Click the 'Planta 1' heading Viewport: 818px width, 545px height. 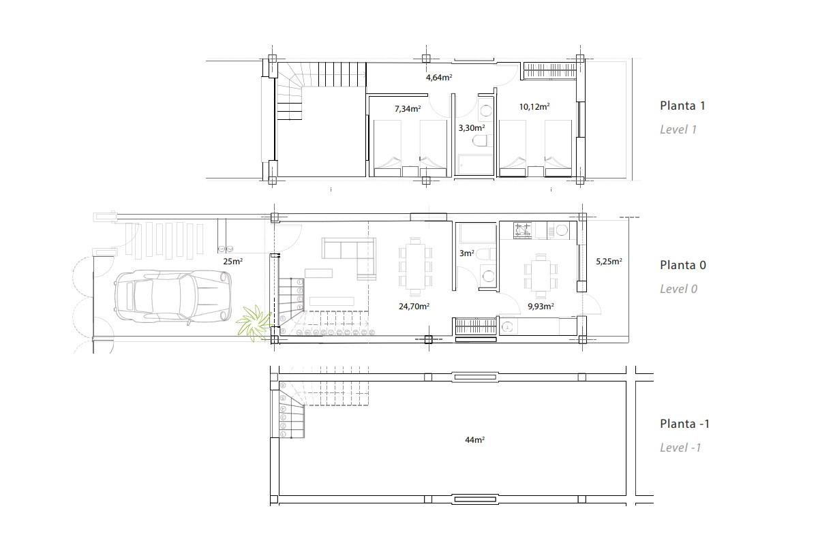[x=682, y=106]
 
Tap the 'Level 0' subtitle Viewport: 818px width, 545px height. [x=678, y=289]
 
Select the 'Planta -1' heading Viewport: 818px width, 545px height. [x=684, y=424]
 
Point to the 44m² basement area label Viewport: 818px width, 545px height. [x=474, y=440]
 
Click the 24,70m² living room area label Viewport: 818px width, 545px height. [x=414, y=307]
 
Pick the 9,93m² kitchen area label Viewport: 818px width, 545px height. [x=541, y=307]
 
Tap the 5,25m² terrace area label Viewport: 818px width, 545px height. [x=609, y=262]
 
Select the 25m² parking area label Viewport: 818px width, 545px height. [x=232, y=262]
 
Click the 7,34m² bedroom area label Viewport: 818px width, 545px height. [x=408, y=109]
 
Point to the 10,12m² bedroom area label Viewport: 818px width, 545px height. [x=534, y=106]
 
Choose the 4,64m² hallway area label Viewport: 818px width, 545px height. [x=439, y=78]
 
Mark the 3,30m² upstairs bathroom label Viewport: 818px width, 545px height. [x=472, y=128]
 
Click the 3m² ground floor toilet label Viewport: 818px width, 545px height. [x=467, y=253]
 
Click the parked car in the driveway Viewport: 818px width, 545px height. [x=172, y=297]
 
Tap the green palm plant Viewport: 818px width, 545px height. [x=254, y=324]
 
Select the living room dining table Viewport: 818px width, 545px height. [x=416, y=266]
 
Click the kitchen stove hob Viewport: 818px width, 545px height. [x=523, y=231]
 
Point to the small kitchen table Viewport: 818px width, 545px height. [x=541, y=276]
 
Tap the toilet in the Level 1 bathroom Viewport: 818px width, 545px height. [x=480, y=140]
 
